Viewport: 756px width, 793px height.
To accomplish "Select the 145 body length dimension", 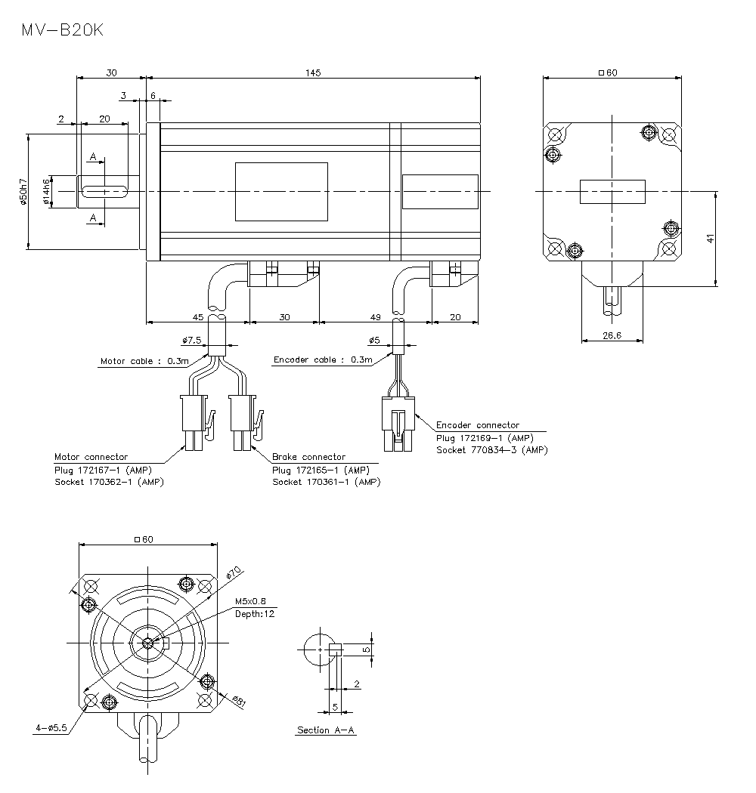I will [x=313, y=73].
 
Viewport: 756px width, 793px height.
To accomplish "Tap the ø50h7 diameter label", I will [x=23, y=192].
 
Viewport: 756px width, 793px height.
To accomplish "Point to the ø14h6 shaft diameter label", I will [x=46, y=192].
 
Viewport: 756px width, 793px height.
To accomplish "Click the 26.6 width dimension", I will [x=612, y=335].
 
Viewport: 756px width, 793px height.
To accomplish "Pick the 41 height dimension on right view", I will [x=710, y=239].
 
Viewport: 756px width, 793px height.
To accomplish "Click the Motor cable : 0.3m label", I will [x=144, y=361].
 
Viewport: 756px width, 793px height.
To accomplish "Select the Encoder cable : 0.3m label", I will [x=323, y=359].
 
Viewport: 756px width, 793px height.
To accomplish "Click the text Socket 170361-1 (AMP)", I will [x=327, y=482].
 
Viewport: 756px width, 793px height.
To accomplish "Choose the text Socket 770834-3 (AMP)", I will [x=491, y=449].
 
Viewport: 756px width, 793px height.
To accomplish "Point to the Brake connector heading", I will [x=308, y=457].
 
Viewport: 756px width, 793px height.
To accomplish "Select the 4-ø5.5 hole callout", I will [x=51, y=728].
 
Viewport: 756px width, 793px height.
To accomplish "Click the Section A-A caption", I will [x=326, y=730].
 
